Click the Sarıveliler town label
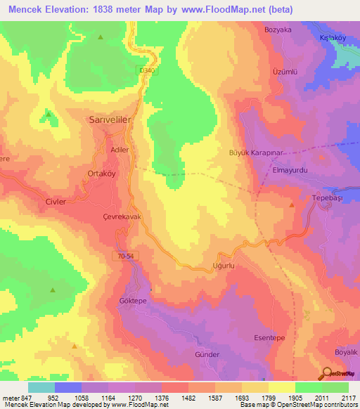pyautogui.click(x=110, y=120)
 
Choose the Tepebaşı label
pyautogui.click(x=326, y=199)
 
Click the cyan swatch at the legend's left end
pyautogui.click(x=41, y=387)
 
